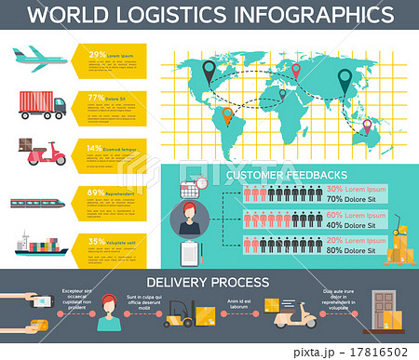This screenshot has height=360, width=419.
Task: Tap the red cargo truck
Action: [42, 104]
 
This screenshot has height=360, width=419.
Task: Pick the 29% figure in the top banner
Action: [96, 54]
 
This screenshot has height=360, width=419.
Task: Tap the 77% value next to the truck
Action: [96, 97]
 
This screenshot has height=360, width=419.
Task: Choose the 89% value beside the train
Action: [96, 192]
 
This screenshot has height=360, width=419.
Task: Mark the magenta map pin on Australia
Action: [367, 126]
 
